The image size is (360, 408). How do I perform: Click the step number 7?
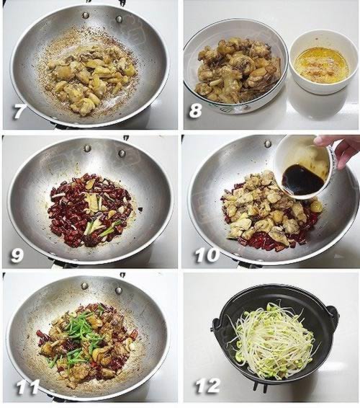tap(18, 112)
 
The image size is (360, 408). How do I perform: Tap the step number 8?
tap(195, 110)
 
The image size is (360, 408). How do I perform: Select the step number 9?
tap(17, 255)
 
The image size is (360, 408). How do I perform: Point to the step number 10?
tap(207, 255)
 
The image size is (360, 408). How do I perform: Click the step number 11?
tap(27, 386)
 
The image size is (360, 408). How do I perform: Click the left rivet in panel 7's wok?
tap(86, 15)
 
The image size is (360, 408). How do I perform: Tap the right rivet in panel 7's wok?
tap(119, 19)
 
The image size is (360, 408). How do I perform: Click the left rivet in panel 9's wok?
tap(87, 148)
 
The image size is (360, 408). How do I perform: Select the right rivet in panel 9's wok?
tap(122, 153)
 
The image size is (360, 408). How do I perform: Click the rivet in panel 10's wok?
tap(267, 143)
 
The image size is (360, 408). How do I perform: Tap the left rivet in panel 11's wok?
tap(85, 286)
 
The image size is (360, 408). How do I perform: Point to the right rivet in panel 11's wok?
tap(119, 291)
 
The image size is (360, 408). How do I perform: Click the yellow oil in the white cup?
tap(323, 61)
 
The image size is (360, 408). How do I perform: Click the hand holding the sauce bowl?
tap(339, 150)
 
